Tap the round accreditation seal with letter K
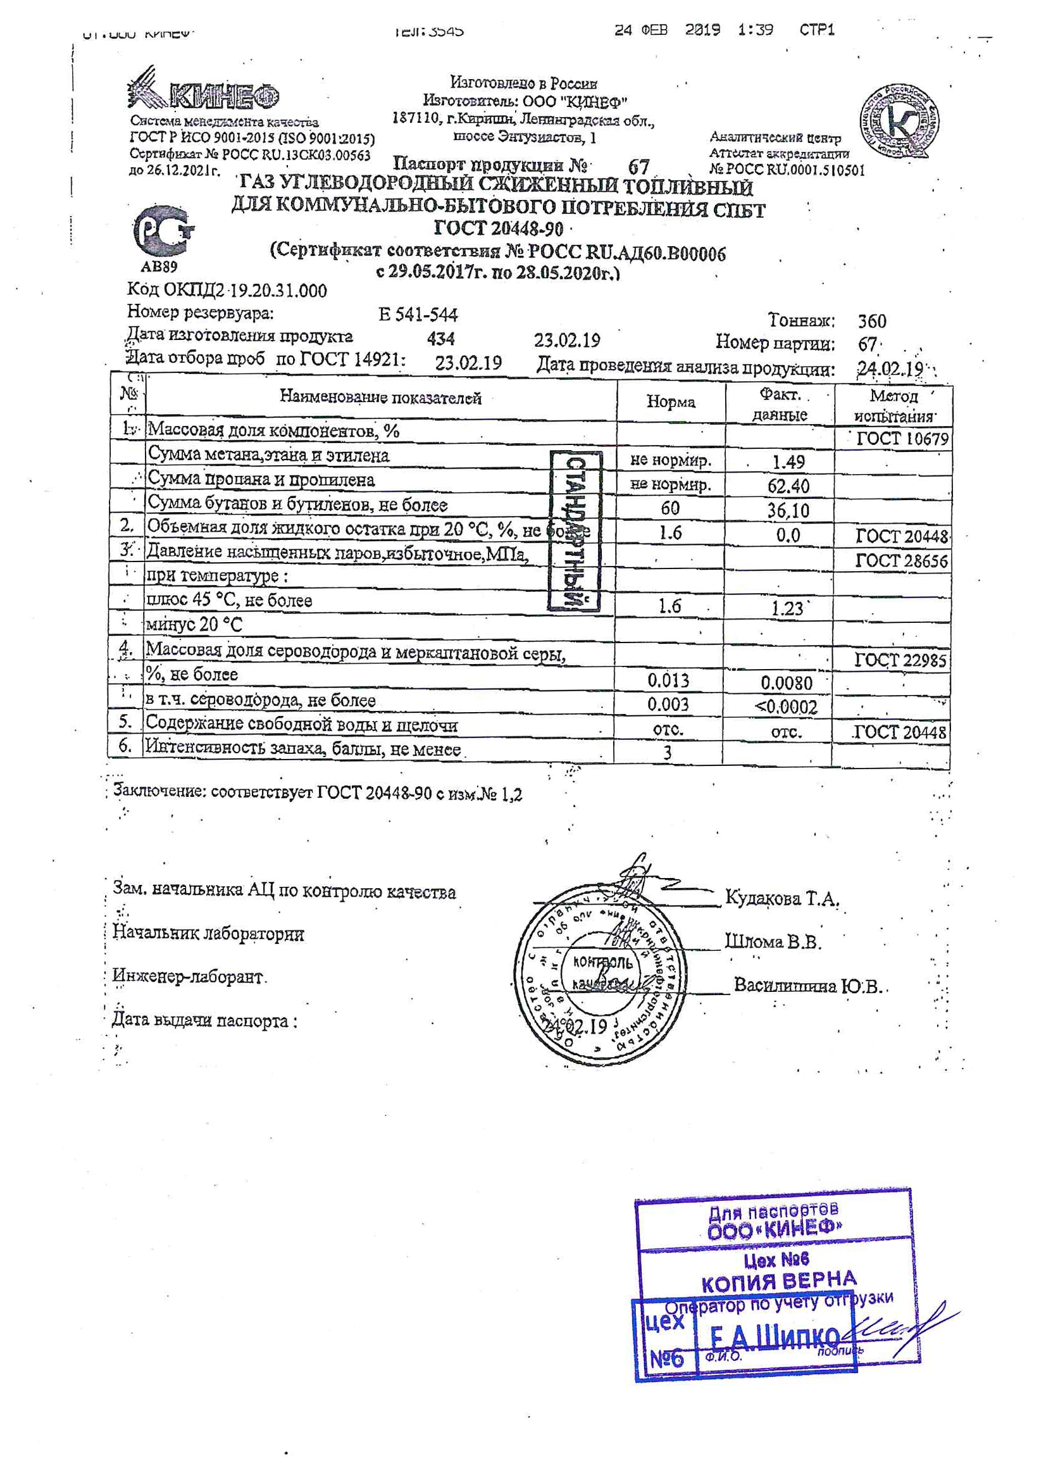coord(899,121)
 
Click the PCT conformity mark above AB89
coord(163,231)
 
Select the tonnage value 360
coord(871,321)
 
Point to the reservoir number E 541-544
coord(418,315)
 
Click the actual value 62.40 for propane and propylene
coord(788,486)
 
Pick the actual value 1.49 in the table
coord(788,462)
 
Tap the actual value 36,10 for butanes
coord(788,510)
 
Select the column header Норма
coord(670,402)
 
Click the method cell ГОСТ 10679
coord(902,439)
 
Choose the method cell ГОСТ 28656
coord(901,561)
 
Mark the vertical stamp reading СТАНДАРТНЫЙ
coord(575,530)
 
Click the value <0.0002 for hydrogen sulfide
coord(786,707)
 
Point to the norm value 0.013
coord(668,680)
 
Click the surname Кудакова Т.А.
coord(781,897)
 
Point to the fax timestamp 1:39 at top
coord(756,30)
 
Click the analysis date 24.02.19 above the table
coord(890,368)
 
